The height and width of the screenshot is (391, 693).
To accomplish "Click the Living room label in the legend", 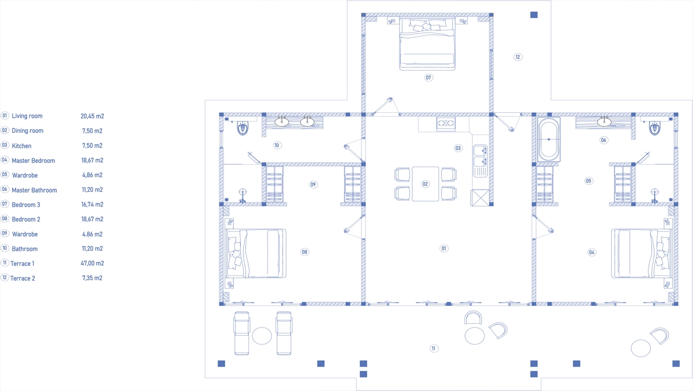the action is point(27,116).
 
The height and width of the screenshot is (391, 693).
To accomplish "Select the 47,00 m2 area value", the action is point(92,264).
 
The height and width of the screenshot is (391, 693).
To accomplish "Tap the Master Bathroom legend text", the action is point(34,190).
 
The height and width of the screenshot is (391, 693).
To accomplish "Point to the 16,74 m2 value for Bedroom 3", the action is point(92,204).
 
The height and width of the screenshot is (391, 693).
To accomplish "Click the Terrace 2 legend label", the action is point(23,278).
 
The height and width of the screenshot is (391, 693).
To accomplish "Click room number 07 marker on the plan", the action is point(428,78).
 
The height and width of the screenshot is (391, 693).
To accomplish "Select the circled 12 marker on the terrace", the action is point(518,57).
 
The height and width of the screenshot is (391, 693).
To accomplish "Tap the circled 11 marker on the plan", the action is point(434,349).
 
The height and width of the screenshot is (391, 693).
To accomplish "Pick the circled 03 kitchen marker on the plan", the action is point(458,148).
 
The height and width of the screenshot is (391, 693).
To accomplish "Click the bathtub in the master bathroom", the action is point(549,139).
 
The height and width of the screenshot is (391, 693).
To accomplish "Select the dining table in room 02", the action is point(426,184).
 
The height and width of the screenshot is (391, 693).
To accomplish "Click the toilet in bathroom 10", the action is point(243,127).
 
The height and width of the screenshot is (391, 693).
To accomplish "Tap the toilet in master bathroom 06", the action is point(655,127).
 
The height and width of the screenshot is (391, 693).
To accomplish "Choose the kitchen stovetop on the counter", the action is point(446,123).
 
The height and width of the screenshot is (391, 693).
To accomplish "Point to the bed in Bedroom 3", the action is point(427,44).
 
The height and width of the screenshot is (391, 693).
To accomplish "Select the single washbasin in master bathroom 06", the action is point(604,121).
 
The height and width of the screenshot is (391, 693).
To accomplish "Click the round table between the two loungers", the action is point(261,336).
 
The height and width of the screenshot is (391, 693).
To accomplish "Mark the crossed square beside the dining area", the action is point(480,197).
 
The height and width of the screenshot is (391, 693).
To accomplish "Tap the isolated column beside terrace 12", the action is point(534,15).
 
